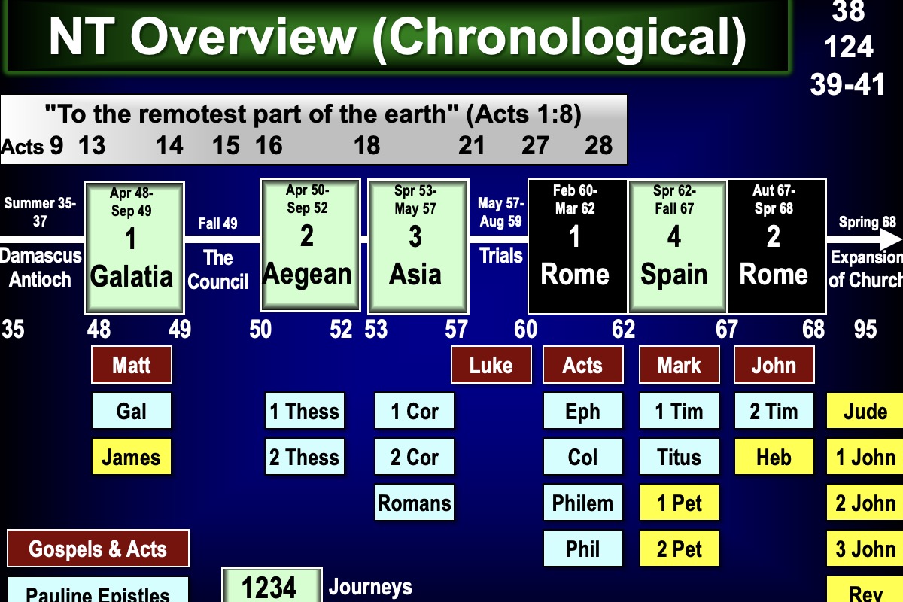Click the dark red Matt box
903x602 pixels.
coord(131,366)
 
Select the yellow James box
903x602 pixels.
coord(131,457)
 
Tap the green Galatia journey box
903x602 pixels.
coord(134,247)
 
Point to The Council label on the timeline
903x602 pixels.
coord(217,269)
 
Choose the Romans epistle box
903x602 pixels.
coord(415,503)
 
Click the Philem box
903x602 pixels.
coord(582,503)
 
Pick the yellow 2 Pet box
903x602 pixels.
coord(679,549)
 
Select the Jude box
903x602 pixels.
coord(865,412)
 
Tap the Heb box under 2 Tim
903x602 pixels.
coord(774,457)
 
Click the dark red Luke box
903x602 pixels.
coord(491,366)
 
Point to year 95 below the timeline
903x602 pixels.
coord(865,329)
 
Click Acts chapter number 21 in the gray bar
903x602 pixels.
coord(472,145)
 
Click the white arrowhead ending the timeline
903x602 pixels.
coord(891,240)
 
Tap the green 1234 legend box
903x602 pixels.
coord(272,585)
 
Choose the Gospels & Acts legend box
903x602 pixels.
coord(98,549)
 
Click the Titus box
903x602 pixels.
coord(679,457)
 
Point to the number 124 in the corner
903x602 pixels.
coord(848,47)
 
